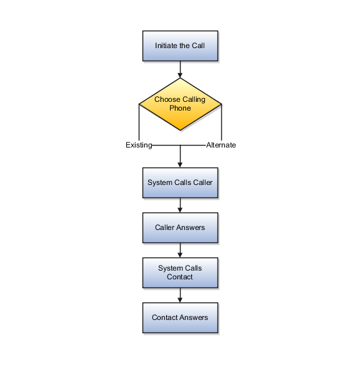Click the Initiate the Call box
coord(180,46)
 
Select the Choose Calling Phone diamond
coord(180,104)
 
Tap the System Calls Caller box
coord(180,182)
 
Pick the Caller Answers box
coord(180,228)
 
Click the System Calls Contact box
coord(180,273)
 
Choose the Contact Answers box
coord(180,318)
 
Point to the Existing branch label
coord(139,145)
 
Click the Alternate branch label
coord(221,145)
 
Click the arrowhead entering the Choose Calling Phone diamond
coord(180,76)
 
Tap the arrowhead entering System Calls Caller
coord(180,165)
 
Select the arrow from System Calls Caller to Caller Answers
coord(180,206)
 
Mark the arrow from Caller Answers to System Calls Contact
coord(180,251)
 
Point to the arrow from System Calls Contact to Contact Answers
coord(180,296)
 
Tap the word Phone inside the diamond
coord(180,108)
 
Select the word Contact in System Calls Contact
coord(179,277)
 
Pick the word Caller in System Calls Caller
coord(202,182)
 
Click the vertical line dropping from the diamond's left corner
coord(139,122)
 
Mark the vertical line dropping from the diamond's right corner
coord(221,122)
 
